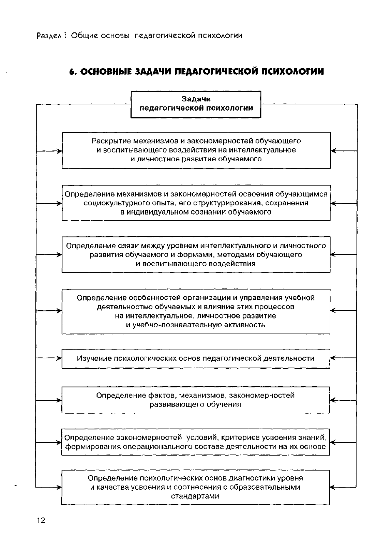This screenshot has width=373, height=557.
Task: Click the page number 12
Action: coord(41,520)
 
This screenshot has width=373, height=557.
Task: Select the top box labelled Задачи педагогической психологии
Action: coord(196,104)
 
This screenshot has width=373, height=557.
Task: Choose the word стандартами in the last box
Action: coord(195,496)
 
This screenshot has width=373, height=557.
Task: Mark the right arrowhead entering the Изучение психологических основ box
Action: coord(333,358)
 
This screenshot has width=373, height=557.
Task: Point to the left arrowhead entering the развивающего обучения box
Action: coord(59,400)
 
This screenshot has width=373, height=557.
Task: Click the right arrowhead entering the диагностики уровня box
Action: coord(333,487)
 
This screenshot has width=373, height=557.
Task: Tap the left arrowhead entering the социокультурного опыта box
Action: coord(59,204)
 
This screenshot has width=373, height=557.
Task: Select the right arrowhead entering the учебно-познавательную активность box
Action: coord(333,311)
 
